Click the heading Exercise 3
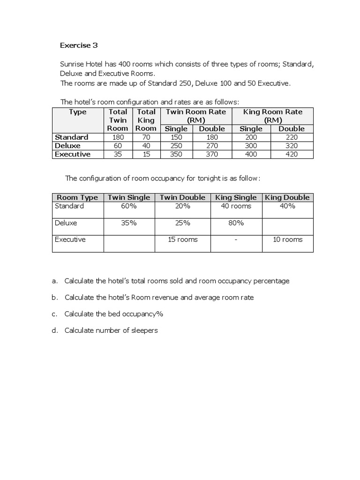79,45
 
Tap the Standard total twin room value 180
118,137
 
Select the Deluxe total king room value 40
146,146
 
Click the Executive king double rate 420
291,154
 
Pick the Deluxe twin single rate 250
176,146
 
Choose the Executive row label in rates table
73,154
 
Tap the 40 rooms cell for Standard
236,206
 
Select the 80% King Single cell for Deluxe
236,223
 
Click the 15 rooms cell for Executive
183,240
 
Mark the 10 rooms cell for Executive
287,240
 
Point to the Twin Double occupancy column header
183,197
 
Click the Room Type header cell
77,197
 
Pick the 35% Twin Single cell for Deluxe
129,223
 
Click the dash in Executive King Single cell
236,240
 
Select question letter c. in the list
55,314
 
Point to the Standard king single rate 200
251,137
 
